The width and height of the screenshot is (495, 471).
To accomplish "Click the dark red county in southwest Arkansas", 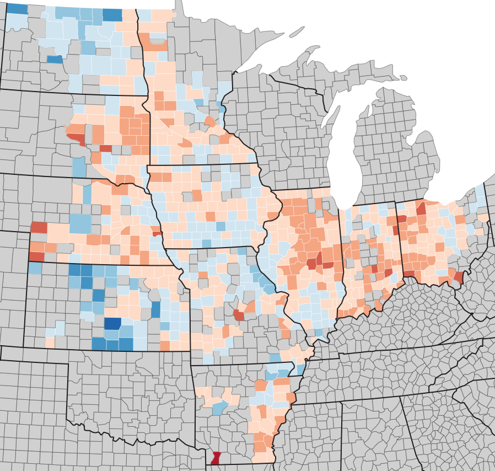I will (x=216, y=458).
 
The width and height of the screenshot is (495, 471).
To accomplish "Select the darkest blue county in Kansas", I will (x=112, y=323).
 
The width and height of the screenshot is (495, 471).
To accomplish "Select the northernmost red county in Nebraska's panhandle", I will (x=39, y=227).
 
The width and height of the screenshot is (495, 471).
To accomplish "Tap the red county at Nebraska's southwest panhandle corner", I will (x=36, y=256).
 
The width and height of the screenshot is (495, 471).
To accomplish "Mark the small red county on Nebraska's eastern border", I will (x=157, y=233).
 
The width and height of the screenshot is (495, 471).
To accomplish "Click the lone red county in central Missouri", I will (x=239, y=315).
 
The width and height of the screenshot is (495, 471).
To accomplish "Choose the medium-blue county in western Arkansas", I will (x=220, y=408).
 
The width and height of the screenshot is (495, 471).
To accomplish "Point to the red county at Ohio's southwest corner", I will (x=409, y=274).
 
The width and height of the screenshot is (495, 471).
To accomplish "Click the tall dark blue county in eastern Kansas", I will (x=156, y=309).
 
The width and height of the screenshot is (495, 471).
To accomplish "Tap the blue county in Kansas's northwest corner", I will (x=34, y=268).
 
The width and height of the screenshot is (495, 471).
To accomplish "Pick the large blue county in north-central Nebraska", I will (x=80, y=223).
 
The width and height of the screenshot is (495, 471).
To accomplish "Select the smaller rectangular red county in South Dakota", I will (x=105, y=148).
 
